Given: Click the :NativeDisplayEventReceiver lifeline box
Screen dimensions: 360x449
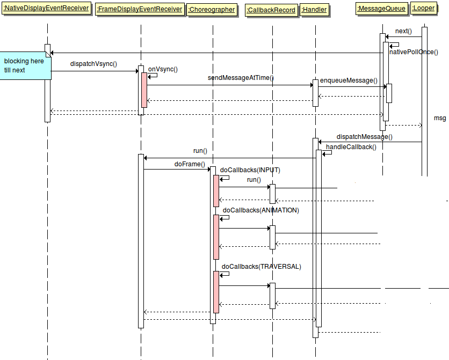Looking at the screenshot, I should point(46,9).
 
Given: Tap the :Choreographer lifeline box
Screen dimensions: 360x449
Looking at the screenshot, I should point(212,10).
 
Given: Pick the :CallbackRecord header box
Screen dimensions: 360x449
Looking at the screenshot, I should point(271,10).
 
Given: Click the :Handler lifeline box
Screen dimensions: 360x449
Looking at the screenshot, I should point(314,10).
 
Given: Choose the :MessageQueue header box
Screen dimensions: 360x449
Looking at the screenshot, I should point(382,9).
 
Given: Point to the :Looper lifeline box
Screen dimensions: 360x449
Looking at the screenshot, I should point(423,9).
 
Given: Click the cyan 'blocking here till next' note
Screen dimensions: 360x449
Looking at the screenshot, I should point(25,65).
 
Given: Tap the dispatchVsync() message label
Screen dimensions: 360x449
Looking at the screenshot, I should point(93,64).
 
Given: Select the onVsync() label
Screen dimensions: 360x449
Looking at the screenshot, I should point(163,69).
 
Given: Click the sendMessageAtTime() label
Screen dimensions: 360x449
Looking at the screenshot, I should point(241,78).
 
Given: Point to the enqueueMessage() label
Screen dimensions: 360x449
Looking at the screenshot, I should point(349,80).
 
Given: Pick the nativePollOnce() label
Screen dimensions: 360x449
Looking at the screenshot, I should point(414,52).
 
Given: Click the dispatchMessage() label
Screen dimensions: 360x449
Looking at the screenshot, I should point(364,137).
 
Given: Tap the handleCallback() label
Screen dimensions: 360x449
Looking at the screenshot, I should point(351,146).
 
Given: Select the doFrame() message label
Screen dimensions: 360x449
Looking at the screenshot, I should point(190,164).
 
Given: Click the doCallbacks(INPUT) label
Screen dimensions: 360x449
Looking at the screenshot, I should point(250,170).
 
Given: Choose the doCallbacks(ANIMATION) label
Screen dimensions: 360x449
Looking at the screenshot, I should point(260,210).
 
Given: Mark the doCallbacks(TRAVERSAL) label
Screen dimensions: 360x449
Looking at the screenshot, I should point(262,266).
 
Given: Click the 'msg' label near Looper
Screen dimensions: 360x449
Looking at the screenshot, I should point(440,118).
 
